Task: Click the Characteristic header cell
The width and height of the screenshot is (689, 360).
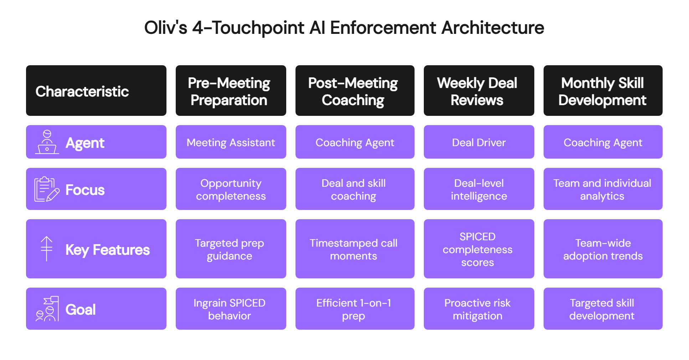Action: point(96,91)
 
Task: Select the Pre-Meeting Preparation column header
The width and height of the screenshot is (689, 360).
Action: point(231,91)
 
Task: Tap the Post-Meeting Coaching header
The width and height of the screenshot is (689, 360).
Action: point(355,91)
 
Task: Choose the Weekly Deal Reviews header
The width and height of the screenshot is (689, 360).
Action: point(479,91)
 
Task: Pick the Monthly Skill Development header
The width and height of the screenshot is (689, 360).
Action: point(603,91)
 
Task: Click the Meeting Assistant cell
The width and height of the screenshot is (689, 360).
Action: point(231,142)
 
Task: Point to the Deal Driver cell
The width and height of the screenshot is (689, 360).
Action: point(479,142)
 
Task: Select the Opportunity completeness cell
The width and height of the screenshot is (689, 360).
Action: point(231,189)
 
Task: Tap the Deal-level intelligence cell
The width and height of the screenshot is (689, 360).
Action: point(479,189)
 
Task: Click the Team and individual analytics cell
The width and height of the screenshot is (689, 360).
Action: point(603,189)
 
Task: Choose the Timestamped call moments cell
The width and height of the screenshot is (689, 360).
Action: point(355,249)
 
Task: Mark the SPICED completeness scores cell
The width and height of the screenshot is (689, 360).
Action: point(479,249)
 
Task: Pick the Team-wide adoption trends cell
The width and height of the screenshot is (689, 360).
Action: point(603,249)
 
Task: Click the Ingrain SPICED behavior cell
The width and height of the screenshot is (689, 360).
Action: point(231,309)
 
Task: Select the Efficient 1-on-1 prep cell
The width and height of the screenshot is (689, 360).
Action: point(355,309)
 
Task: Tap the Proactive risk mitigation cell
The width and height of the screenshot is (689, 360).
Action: point(479,309)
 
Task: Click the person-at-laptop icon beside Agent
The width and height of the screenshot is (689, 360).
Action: point(47,142)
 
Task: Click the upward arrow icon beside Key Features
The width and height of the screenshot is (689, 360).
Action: point(46,249)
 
